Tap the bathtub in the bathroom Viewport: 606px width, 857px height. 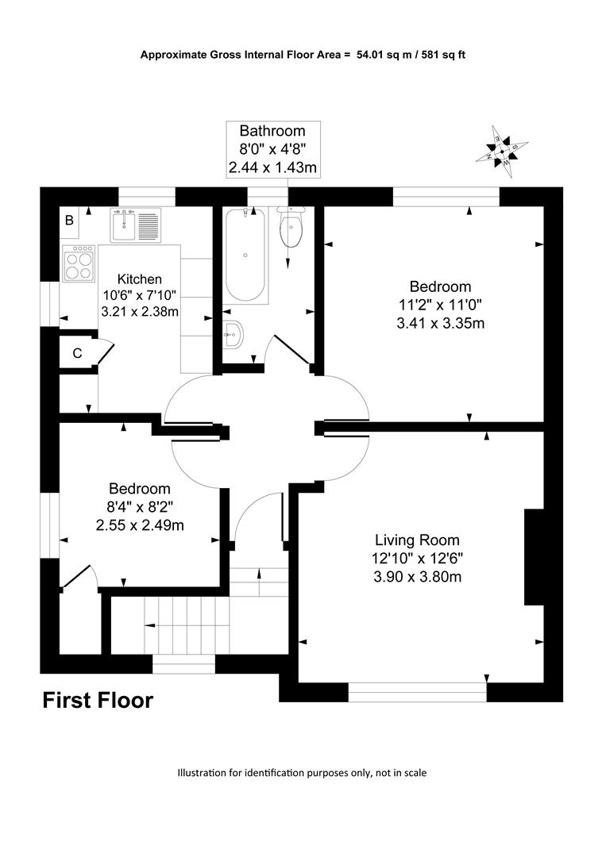point(245,254)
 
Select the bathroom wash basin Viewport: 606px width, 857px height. point(233,333)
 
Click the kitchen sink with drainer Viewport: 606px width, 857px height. point(136,225)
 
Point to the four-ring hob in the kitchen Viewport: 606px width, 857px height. point(79,263)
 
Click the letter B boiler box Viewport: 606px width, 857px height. point(69,221)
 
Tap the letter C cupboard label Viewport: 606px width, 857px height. point(77,353)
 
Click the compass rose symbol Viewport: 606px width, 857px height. point(502,152)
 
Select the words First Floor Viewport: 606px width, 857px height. point(98,700)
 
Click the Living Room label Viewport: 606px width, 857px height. point(417,540)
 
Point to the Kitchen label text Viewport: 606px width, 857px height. point(140,279)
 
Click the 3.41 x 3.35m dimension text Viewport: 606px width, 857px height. point(440,323)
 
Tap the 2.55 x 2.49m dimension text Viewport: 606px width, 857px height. point(140,525)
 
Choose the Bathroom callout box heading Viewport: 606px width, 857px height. point(272,131)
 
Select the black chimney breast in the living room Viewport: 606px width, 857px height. point(535,557)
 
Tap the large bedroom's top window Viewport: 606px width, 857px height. point(446,197)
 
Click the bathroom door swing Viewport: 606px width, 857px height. point(289,350)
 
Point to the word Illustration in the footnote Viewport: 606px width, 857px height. point(202,773)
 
